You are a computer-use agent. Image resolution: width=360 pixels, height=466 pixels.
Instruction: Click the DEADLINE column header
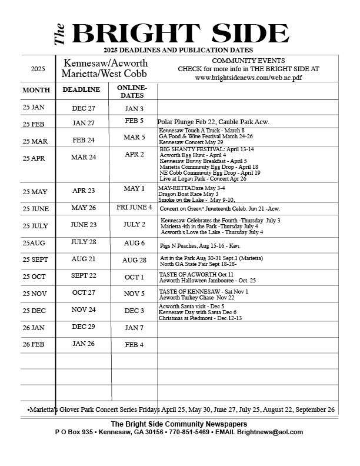pos(81,89)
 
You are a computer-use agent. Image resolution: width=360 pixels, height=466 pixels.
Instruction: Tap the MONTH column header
pos(36,90)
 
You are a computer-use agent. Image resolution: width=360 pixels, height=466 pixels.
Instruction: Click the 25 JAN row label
pos(34,107)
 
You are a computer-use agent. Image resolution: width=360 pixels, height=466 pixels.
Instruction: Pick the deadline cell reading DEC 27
pos(84,108)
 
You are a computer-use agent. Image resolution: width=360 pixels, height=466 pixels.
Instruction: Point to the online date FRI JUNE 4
pos(134,207)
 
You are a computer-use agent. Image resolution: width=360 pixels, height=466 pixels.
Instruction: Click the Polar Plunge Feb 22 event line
pos(213,122)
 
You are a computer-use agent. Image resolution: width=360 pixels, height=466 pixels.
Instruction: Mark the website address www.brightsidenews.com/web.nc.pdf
pos(248,77)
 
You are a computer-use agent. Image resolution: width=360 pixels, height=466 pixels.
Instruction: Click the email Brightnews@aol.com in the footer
pos(275,432)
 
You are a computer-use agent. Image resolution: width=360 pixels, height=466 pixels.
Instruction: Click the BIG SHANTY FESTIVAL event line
pos(197,149)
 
